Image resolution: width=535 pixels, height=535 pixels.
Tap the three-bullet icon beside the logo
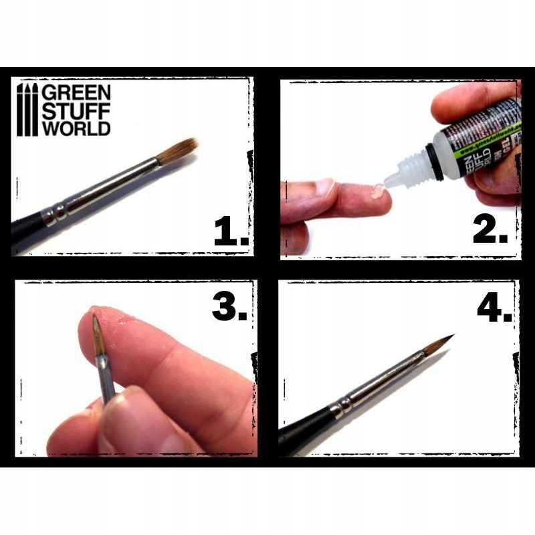coord(27,110)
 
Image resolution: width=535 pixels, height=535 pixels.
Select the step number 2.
coord(490,231)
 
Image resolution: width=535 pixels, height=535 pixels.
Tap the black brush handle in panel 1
coord(27,231)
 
